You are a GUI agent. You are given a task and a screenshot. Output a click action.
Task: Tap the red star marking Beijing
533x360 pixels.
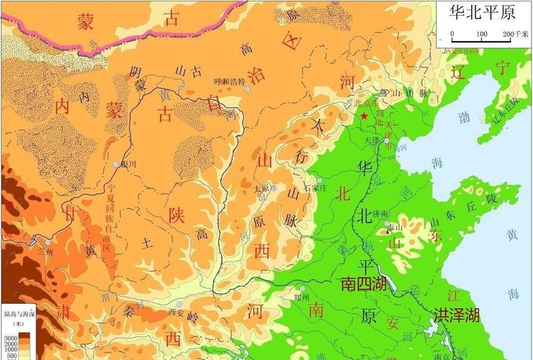[364, 116]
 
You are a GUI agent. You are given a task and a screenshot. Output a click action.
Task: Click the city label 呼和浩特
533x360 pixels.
[230, 81]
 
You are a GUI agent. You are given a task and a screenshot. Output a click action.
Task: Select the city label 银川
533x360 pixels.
[130, 163]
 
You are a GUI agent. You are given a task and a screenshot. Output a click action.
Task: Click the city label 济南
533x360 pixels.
[382, 215]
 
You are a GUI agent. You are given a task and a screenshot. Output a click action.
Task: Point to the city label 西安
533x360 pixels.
[177, 312]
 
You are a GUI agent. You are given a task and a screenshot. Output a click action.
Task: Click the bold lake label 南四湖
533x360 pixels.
[364, 284]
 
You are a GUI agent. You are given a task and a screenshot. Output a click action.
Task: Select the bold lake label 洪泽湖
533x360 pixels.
[457, 315]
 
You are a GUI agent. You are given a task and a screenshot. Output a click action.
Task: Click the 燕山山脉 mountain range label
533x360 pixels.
[403, 93]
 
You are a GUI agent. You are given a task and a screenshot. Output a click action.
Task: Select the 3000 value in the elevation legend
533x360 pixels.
[11, 337]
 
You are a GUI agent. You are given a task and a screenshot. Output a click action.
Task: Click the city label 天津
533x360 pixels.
[372, 139]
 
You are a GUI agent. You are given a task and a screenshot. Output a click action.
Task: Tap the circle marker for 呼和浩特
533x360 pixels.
[248, 89]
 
